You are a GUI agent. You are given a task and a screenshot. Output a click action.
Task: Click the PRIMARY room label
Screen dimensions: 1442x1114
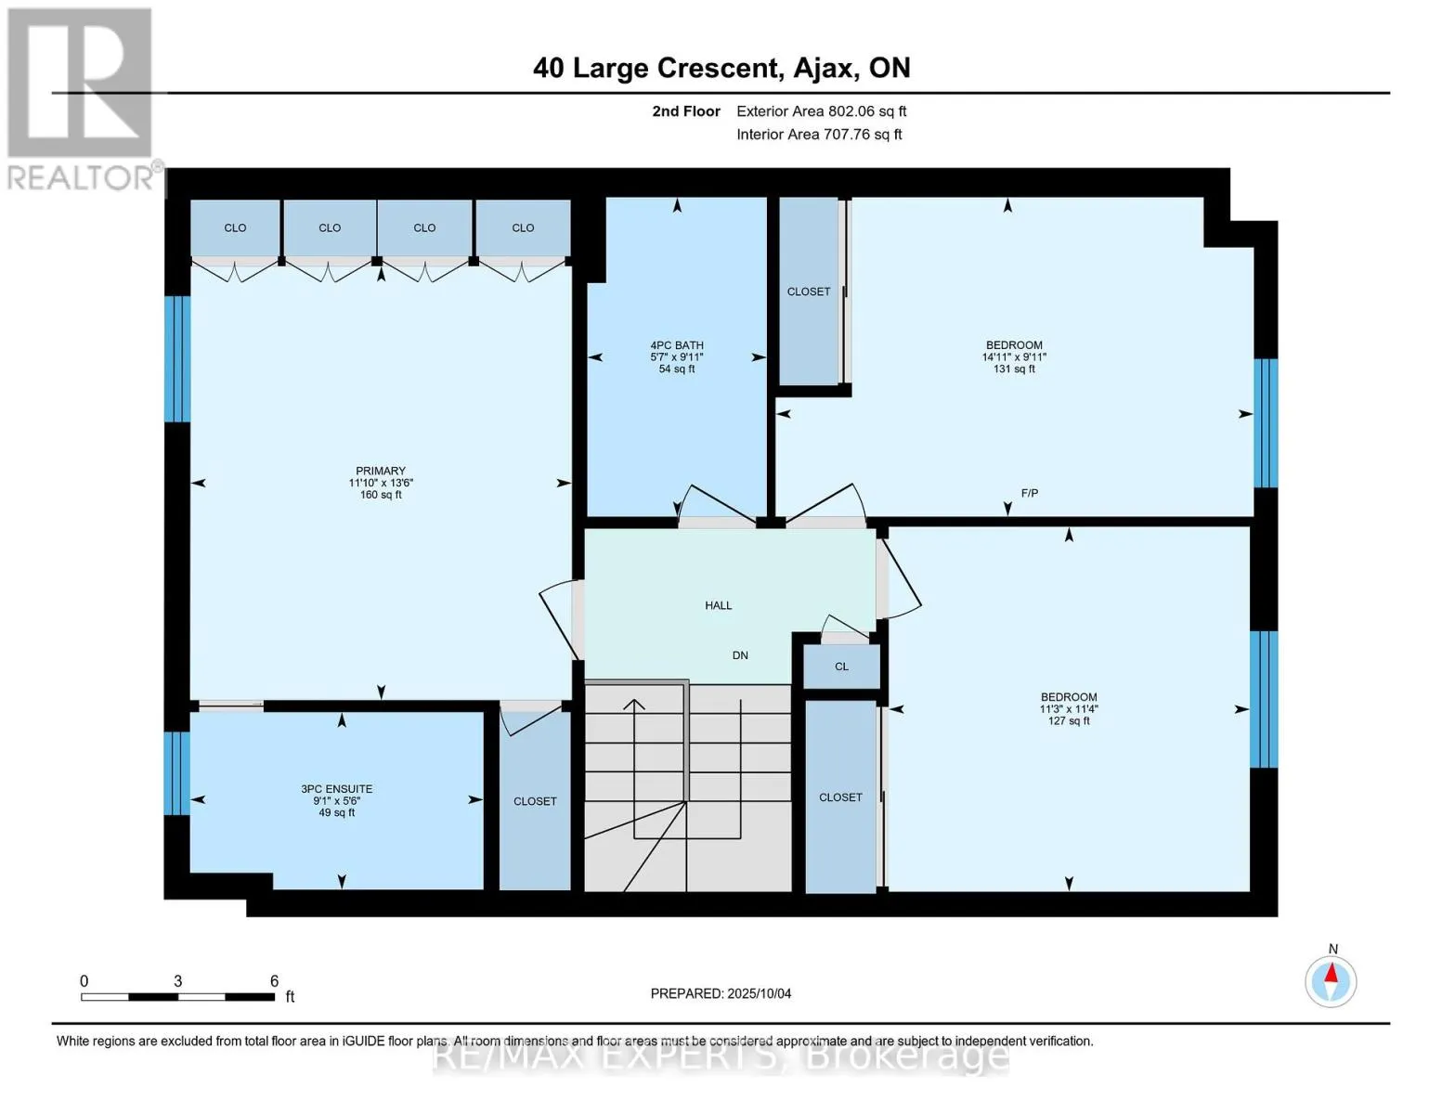pyautogui.click(x=381, y=471)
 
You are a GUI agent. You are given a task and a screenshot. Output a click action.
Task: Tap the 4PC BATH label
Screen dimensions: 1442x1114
pyautogui.click(x=676, y=345)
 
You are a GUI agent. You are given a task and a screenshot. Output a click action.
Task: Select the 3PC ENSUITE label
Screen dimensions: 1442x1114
pyautogui.click(x=336, y=789)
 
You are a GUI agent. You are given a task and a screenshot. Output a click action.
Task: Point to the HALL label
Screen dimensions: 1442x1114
pyautogui.click(x=718, y=605)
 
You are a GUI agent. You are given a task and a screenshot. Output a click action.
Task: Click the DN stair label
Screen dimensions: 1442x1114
pyautogui.click(x=740, y=655)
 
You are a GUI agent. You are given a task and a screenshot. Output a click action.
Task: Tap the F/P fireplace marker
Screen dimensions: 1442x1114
pyautogui.click(x=1029, y=493)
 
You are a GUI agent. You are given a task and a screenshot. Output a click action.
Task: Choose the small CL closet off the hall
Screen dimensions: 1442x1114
pyautogui.click(x=841, y=667)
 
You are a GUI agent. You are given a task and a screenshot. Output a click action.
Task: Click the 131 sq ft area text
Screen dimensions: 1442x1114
pyautogui.click(x=1014, y=369)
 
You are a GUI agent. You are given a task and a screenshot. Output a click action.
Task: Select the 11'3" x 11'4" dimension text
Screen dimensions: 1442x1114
pyautogui.click(x=1069, y=708)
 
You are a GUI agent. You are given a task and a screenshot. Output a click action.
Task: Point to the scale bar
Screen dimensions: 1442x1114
pyautogui.click(x=178, y=996)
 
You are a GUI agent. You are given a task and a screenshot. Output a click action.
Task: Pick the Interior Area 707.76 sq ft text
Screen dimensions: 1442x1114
pyautogui.click(x=819, y=134)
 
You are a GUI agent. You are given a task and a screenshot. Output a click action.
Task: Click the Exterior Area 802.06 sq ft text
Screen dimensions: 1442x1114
pyautogui.click(x=822, y=110)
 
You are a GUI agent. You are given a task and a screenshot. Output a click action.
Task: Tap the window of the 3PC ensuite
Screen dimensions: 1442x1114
pyautogui.click(x=177, y=773)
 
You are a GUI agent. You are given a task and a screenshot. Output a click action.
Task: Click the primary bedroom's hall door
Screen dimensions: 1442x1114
pyautogui.click(x=562, y=620)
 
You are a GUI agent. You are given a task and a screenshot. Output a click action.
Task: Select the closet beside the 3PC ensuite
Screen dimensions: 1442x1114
pyautogui.click(x=535, y=801)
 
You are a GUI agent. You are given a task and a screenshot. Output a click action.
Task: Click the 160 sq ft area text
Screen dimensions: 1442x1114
pyautogui.click(x=381, y=495)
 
